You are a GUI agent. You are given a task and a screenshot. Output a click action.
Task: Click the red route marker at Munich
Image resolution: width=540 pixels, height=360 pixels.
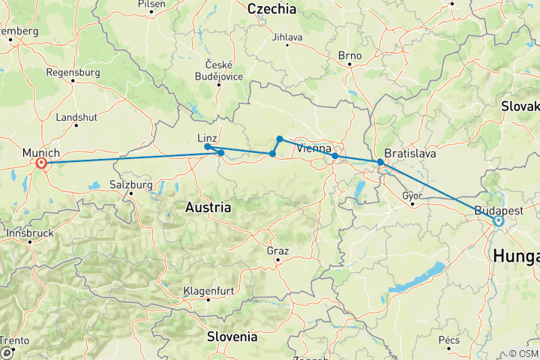tap(41, 163)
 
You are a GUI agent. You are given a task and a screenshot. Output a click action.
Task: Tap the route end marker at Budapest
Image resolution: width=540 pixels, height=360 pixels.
tap(498, 221)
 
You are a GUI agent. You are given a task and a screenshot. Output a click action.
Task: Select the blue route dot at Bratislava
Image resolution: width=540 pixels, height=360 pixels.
tap(380, 162)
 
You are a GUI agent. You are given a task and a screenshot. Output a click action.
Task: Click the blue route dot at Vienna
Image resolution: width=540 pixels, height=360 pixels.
tap(334, 156)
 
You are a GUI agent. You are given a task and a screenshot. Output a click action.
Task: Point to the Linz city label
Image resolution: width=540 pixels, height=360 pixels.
tap(207, 138)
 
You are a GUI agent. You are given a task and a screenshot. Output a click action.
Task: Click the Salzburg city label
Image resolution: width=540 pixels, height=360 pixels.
tap(130, 184)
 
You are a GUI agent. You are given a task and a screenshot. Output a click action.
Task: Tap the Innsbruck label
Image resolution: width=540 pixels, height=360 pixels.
tap(30, 232)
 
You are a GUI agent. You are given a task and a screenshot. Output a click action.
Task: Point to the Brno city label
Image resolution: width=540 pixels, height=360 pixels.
tap(349, 55)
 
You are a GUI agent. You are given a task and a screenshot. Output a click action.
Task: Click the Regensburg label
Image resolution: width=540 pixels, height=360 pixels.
tap(73, 73)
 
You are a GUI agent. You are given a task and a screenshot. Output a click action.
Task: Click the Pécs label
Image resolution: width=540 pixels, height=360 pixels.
tap(449, 340)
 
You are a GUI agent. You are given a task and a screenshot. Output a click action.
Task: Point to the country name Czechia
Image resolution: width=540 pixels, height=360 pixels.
tap(272, 9)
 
